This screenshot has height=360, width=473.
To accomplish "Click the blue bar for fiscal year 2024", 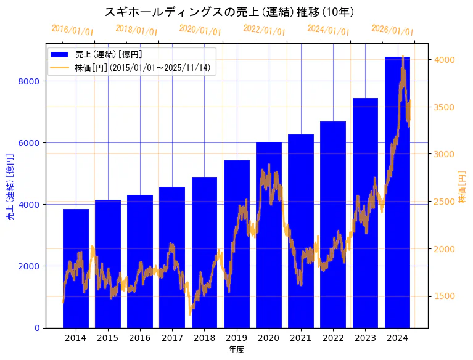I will click(x=397, y=192).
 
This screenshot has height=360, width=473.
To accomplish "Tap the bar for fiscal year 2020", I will click(x=269, y=234).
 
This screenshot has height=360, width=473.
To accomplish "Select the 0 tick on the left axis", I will click(x=37, y=328).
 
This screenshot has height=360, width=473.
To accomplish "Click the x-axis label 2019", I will click(x=237, y=338).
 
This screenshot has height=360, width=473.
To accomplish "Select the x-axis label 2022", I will click(x=333, y=338).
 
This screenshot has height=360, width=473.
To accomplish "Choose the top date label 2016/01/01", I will click(x=73, y=30).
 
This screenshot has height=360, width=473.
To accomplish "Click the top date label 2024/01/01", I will click(x=329, y=30).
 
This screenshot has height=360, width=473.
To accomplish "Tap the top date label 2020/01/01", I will click(x=200, y=30).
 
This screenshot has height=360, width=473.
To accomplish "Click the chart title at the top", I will click(x=229, y=12).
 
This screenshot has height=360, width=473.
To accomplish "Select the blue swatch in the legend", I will click(x=61, y=54).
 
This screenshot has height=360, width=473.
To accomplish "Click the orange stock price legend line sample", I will click(x=61, y=68).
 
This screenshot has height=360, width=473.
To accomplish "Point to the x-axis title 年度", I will click(x=236, y=350).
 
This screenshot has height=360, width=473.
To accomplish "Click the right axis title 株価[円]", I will click(x=462, y=187).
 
